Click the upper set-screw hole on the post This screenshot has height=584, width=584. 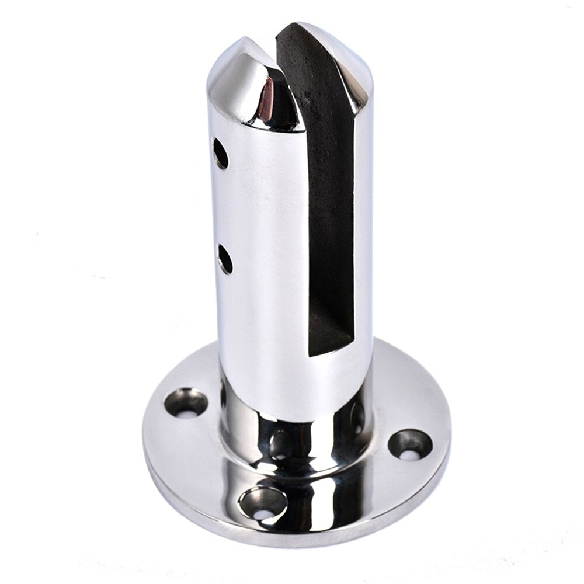220,154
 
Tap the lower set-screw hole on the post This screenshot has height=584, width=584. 225,259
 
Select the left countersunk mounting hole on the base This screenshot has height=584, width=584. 186,402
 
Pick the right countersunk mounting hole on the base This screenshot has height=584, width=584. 410,444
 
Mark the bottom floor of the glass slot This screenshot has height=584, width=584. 331,345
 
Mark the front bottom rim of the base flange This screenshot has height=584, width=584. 292,540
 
